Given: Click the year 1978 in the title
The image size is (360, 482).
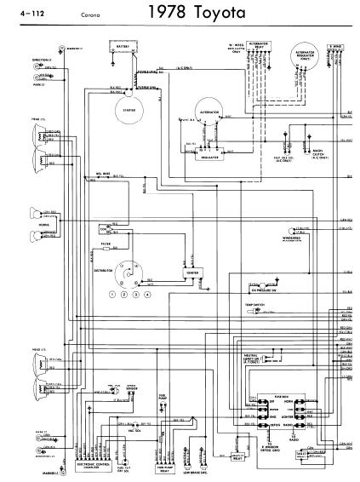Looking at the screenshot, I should [170, 14].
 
